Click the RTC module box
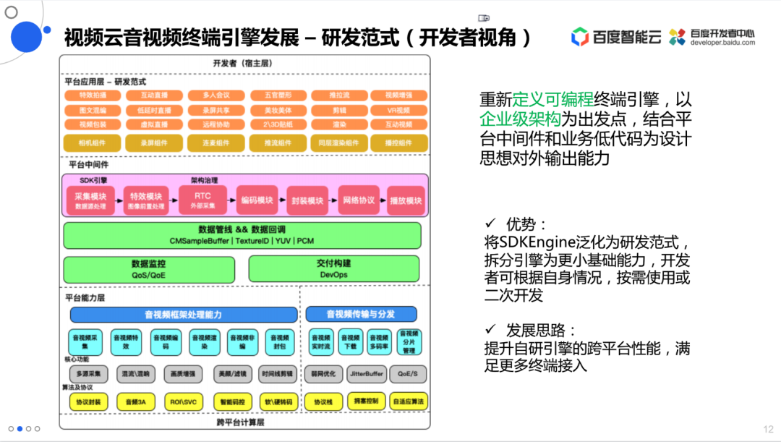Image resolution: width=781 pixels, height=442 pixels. pos(203,200)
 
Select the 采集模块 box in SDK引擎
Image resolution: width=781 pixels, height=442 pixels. pos(90,200)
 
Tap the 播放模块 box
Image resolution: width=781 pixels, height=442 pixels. pos(405,200)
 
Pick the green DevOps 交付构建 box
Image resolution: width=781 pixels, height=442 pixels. pos(334,269)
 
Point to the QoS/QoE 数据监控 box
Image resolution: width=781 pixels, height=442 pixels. pos(148,269)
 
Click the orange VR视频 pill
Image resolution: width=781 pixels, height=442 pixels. pos(398,110)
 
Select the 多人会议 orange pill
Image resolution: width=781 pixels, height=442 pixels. pos(215,95)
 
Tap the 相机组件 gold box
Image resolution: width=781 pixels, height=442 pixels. pos(92,143)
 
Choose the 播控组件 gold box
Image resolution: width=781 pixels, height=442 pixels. pos(398,143)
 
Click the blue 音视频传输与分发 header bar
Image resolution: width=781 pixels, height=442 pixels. pos(361,314)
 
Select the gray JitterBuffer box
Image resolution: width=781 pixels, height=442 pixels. pos(367,374)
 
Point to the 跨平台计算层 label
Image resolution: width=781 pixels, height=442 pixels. pos(241,422)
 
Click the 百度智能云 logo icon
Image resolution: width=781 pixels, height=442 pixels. pos(580,37)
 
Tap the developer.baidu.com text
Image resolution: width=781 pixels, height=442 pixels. pos(722,43)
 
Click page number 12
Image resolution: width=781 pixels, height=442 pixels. pos(768,429)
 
